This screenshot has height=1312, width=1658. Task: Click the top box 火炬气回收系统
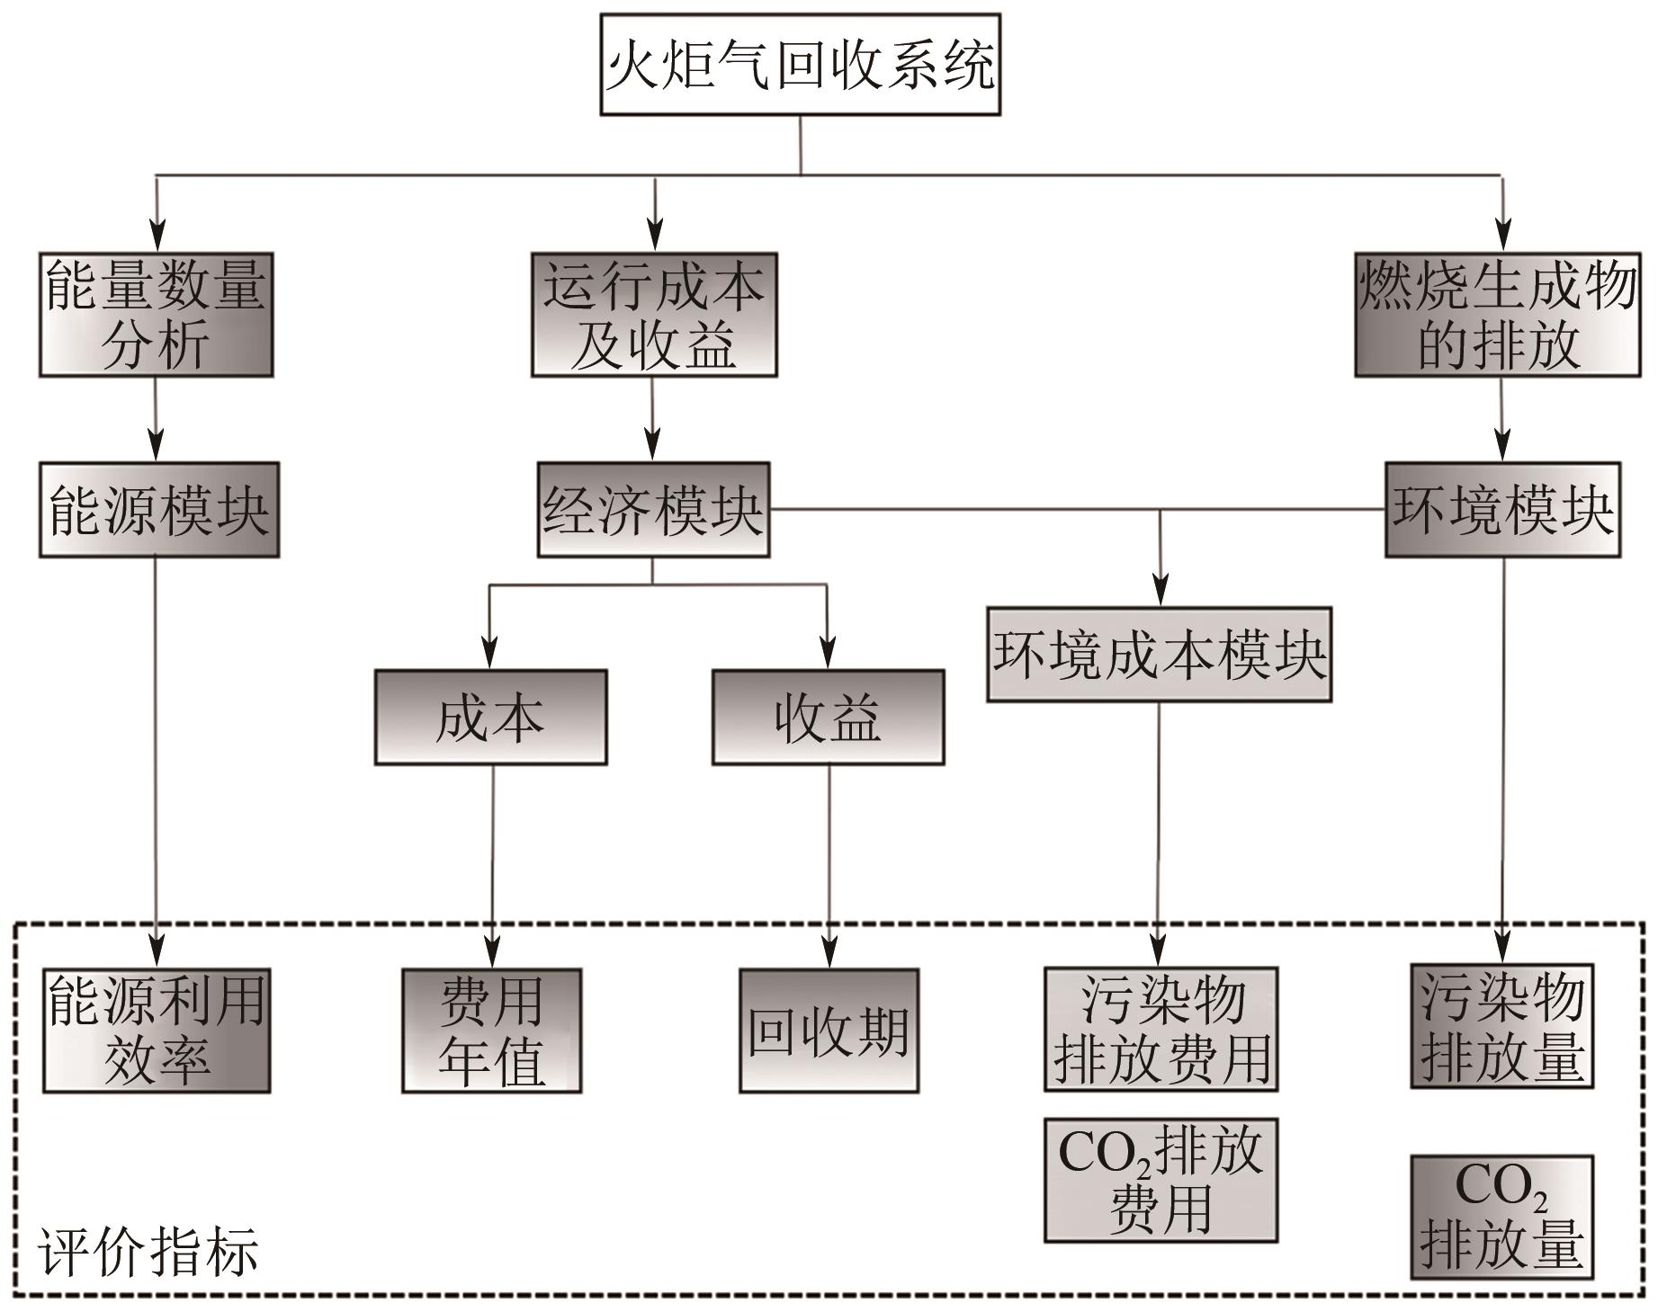(800, 65)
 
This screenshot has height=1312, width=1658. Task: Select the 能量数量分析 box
(156, 315)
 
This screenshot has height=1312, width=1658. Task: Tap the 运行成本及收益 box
(654, 315)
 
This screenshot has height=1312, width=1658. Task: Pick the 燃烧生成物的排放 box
(1498, 315)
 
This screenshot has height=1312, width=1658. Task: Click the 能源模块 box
(159, 510)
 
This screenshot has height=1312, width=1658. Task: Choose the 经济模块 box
(654, 510)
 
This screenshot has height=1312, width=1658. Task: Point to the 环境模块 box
(1502, 510)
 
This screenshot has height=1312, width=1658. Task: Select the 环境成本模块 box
(1159, 655)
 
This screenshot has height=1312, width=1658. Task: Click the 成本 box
(490, 718)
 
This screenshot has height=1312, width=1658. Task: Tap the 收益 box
(828, 718)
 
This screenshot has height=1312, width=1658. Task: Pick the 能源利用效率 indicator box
(157, 1031)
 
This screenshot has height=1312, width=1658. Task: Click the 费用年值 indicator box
(491, 1031)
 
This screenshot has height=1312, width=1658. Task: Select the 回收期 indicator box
(829, 1031)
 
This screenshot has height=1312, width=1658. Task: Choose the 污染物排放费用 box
(1161, 1030)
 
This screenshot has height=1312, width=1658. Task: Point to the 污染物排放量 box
(1501, 1026)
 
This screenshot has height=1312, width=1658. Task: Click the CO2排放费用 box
(1161, 1180)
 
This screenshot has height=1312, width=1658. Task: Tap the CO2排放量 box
(1501, 1217)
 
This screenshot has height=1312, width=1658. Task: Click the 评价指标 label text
(148, 1251)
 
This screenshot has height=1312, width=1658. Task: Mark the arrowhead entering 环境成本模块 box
(1160, 595)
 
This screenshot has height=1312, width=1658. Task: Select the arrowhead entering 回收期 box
(829, 955)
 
